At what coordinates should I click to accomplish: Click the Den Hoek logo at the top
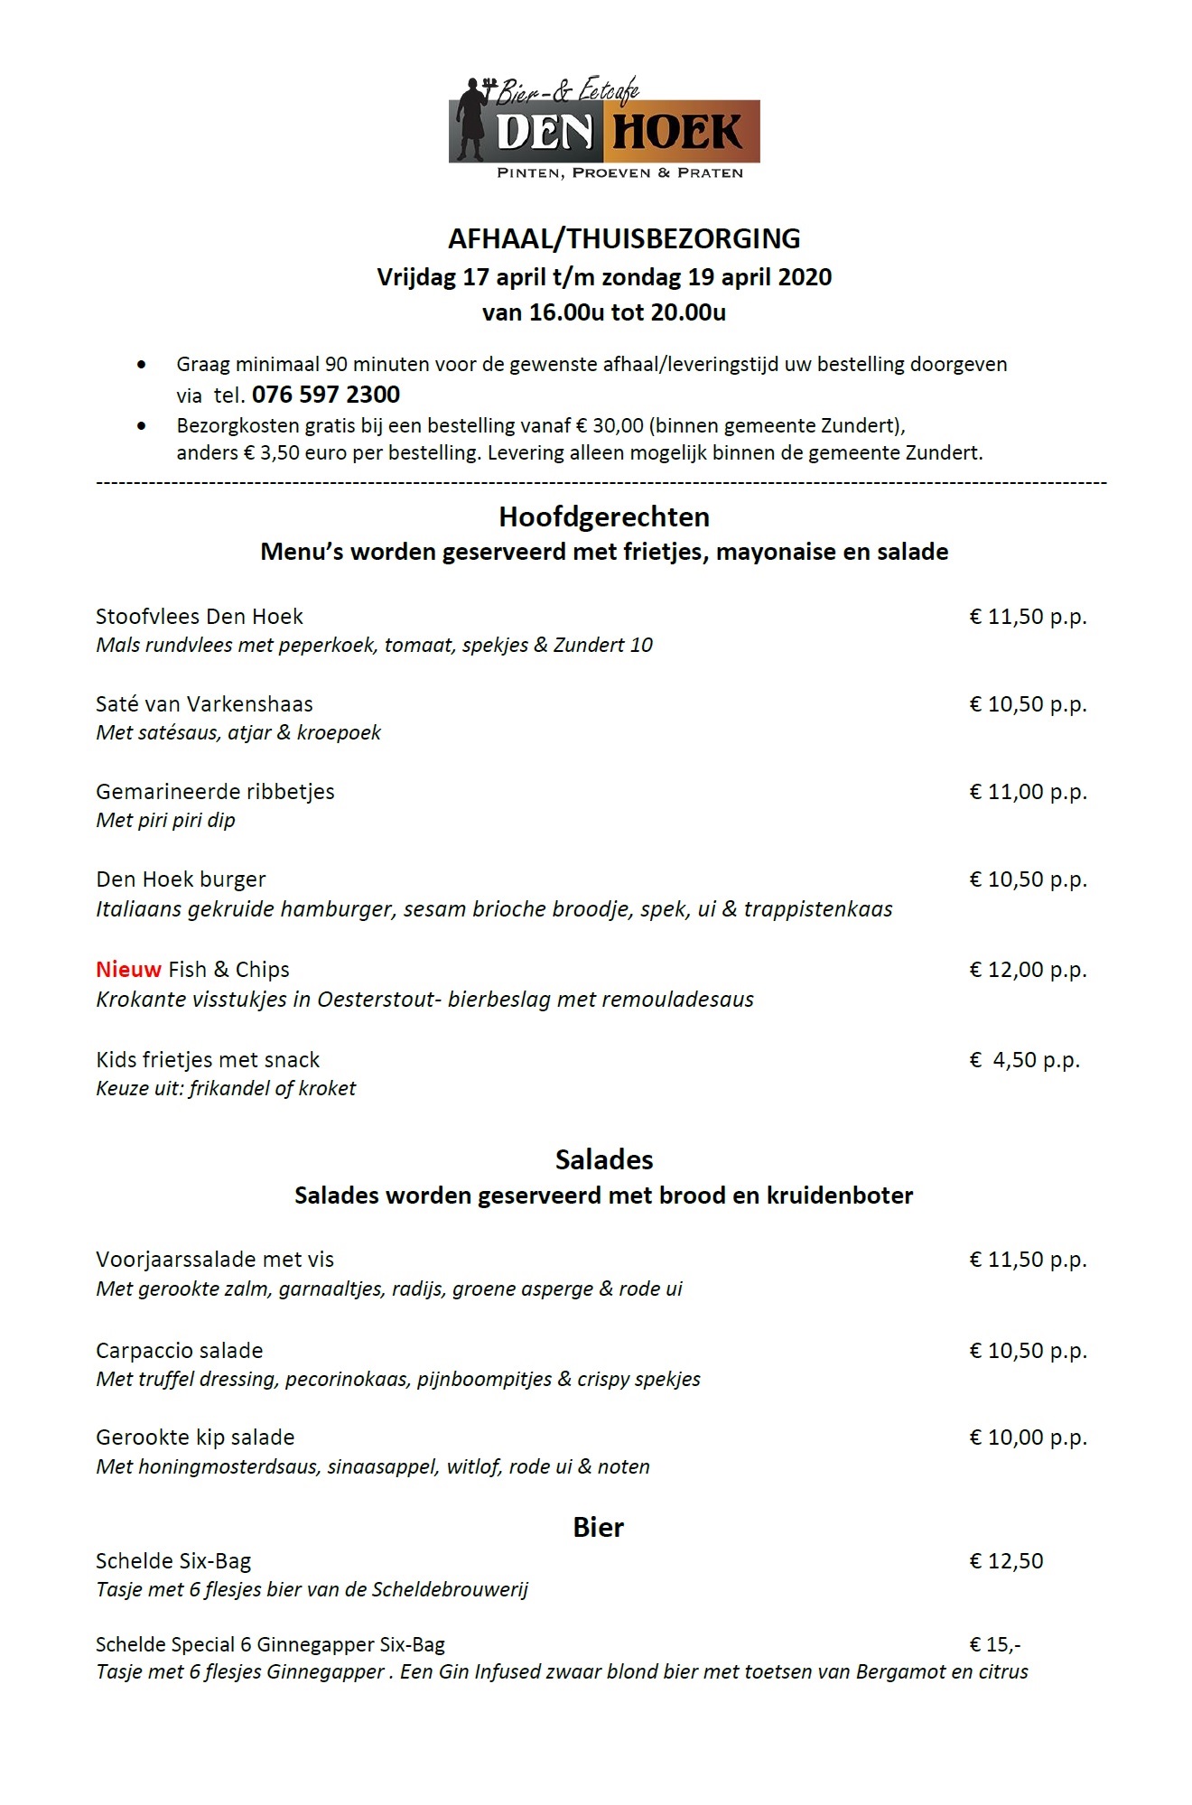(x=603, y=126)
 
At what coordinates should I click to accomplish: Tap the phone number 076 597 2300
(x=326, y=395)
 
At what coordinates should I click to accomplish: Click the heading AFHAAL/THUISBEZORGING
(x=624, y=238)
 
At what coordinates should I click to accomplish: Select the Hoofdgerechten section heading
(x=604, y=516)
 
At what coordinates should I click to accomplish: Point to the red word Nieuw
(x=128, y=969)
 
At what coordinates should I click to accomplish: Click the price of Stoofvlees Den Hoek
(x=1028, y=617)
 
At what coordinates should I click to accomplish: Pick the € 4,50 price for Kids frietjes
(x=1024, y=1059)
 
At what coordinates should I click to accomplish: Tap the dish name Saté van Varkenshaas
(x=204, y=704)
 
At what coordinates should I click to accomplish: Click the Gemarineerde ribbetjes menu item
(x=215, y=792)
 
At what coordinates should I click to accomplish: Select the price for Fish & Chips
(x=1028, y=969)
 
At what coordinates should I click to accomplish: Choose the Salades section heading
(x=604, y=1159)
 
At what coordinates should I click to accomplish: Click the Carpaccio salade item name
(x=179, y=1351)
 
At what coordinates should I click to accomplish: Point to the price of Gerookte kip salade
(x=1028, y=1437)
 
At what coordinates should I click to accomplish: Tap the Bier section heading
(x=598, y=1527)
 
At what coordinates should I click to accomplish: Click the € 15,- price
(x=995, y=1644)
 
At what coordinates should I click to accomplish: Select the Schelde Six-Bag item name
(x=173, y=1561)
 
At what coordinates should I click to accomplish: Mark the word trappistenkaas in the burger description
(x=818, y=909)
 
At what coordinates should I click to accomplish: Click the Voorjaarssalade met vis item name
(x=215, y=1260)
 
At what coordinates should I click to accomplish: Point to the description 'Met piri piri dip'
(x=165, y=821)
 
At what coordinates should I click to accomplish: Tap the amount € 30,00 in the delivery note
(x=610, y=425)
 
